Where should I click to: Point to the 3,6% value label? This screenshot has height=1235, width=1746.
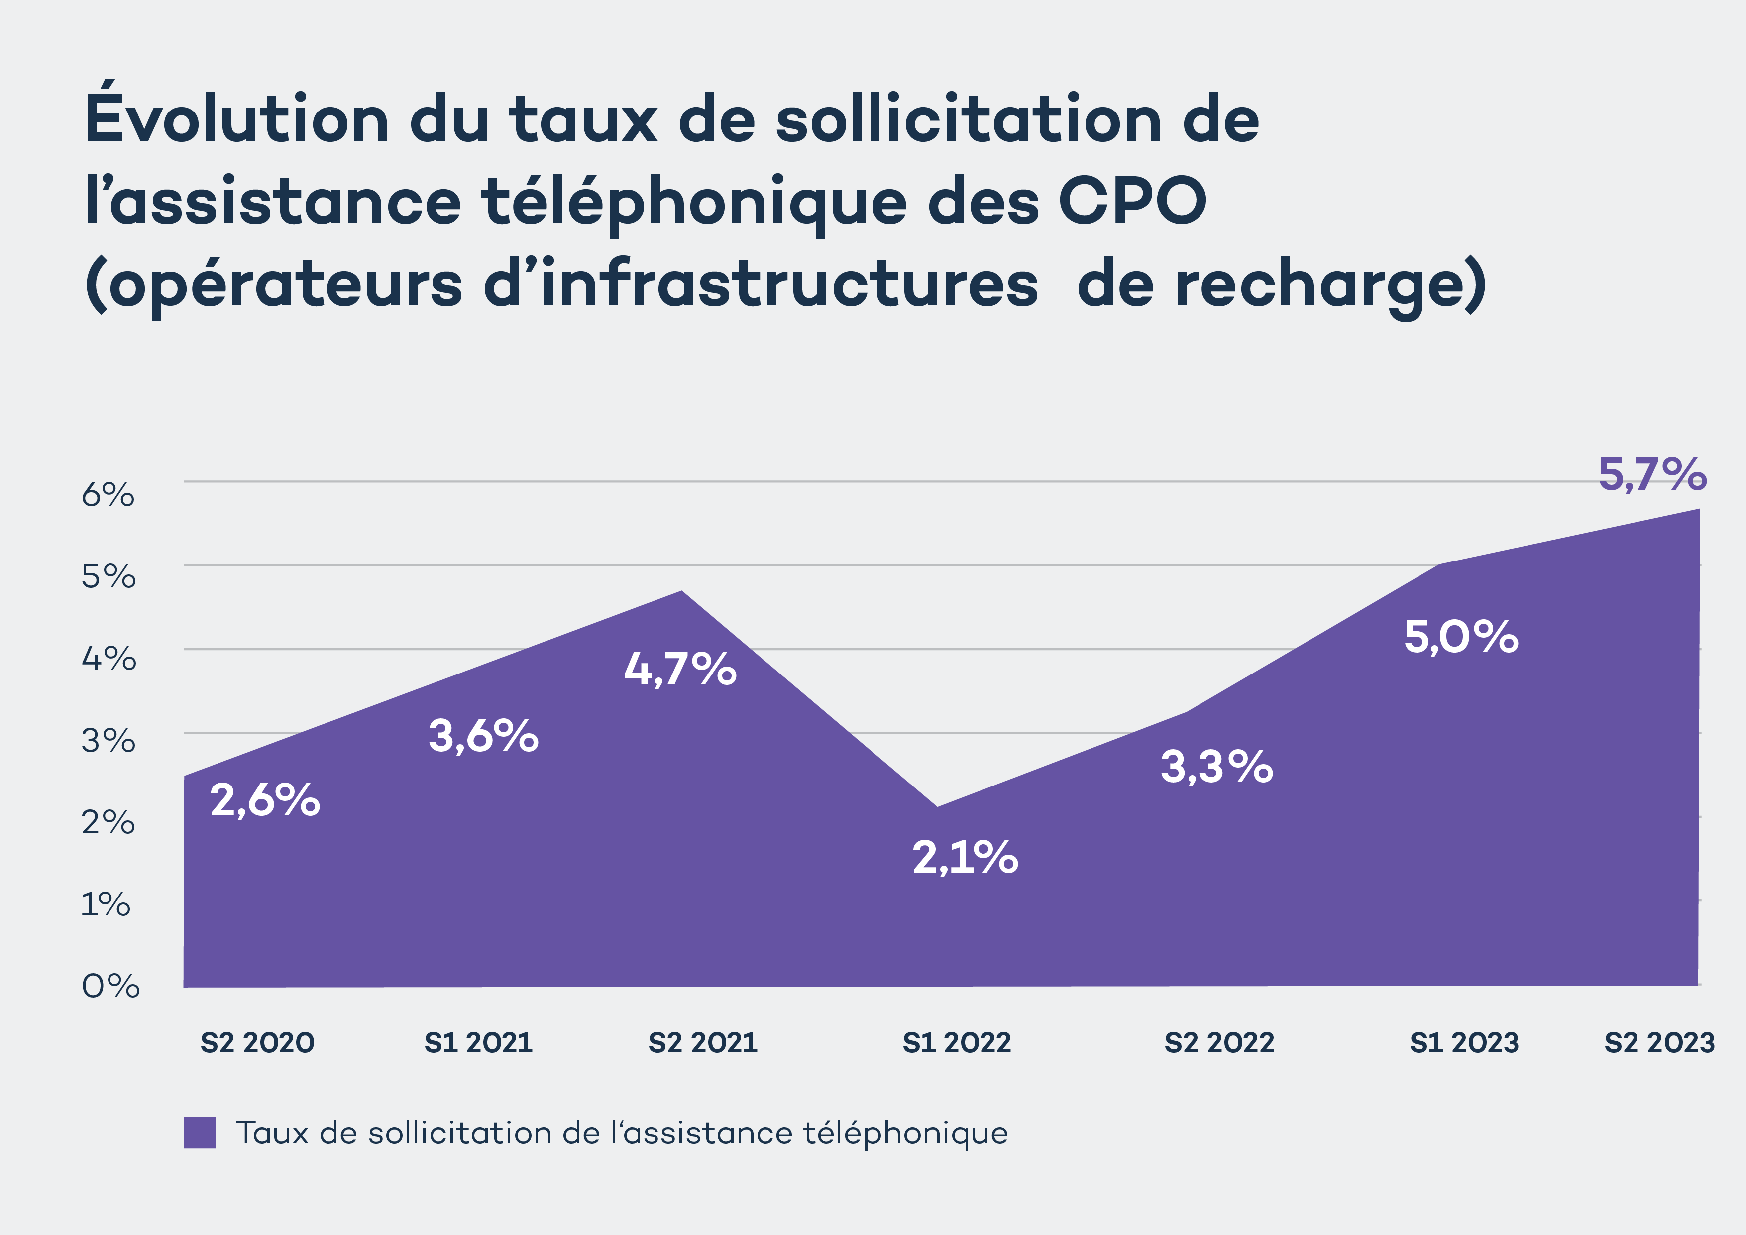484,736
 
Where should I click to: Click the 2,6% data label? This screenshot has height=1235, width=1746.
265,801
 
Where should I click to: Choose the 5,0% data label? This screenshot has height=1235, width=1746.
1461,637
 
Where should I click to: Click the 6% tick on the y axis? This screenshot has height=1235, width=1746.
108,495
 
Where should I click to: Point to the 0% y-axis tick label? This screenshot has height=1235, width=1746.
110,986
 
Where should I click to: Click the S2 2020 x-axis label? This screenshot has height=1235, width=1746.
257,1042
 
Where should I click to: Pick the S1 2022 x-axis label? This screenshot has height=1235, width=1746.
957,1042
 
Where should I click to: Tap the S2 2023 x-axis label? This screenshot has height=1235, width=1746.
1659,1042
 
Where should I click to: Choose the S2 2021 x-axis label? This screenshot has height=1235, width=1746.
703,1042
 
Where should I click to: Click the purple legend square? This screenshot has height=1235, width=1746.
199,1132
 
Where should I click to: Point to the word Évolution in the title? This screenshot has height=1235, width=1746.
236,118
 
